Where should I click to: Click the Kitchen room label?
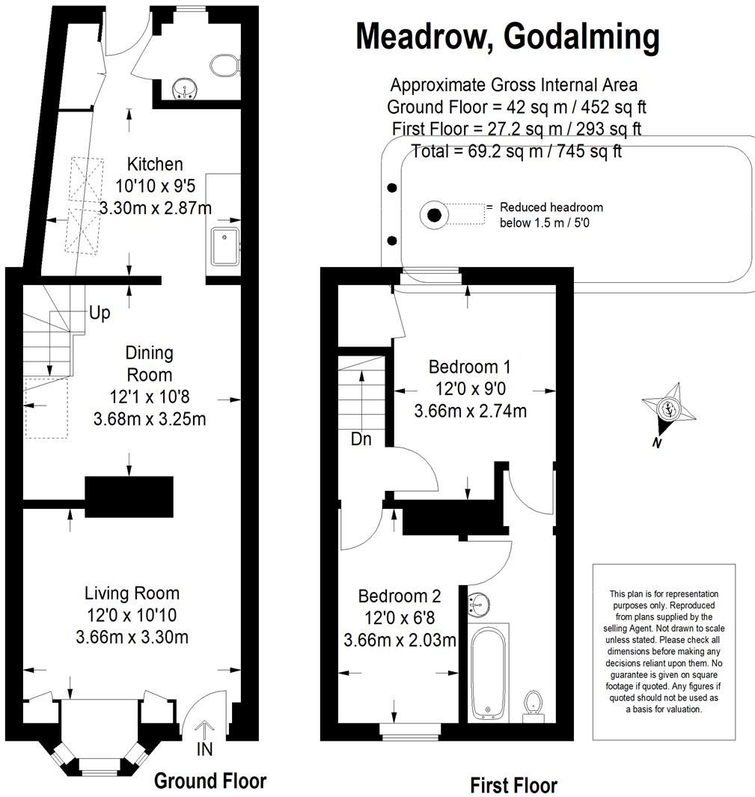pyautogui.click(x=155, y=164)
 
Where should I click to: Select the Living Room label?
pyautogui.click(x=132, y=593)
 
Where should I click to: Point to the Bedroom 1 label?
pyautogui.click(x=469, y=367)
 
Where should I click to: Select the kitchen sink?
pyautogui.click(x=224, y=246)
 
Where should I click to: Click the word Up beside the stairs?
pyautogui.click(x=100, y=312)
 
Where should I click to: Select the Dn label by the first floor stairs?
pyautogui.click(x=361, y=439)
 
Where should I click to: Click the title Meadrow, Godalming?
pyautogui.click(x=507, y=35)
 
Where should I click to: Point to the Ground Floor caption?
pyautogui.click(x=210, y=781)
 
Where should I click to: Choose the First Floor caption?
pyautogui.click(x=513, y=785)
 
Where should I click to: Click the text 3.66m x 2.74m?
pyautogui.click(x=470, y=411)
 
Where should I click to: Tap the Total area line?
pyautogui.click(x=516, y=151)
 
